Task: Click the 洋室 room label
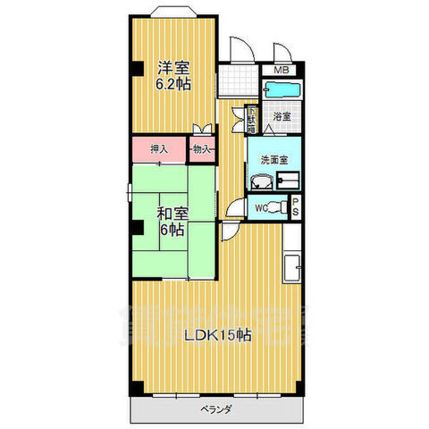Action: [174, 67]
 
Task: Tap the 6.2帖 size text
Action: [174, 85]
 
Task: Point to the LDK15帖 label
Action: [217, 336]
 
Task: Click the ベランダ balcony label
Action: [215, 410]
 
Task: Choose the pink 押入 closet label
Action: [158, 149]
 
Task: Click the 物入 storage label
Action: [202, 149]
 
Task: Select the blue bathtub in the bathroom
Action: [283, 91]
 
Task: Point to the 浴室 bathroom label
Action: [282, 117]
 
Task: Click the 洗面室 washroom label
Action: [273, 159]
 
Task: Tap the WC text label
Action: [260, 208]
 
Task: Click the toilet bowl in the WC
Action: [281, 207]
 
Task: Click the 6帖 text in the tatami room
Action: [172, 230]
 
